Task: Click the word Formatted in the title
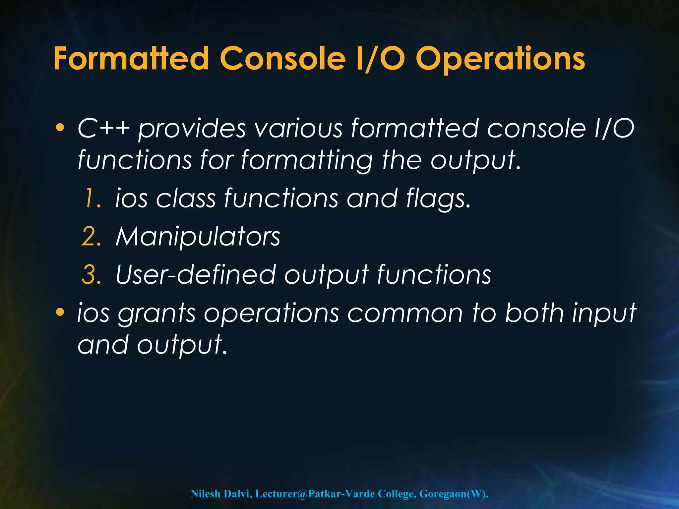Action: [131, 59]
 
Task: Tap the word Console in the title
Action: [282, 59]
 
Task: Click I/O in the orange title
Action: [381, 59]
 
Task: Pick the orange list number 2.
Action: [91, 237]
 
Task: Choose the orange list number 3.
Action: [91, 275]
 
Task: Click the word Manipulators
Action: [198, 237]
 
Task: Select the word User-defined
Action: [196, 275]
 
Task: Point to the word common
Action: [405, 313]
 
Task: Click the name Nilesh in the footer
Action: [205, 494]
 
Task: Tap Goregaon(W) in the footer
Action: [453, 494]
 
